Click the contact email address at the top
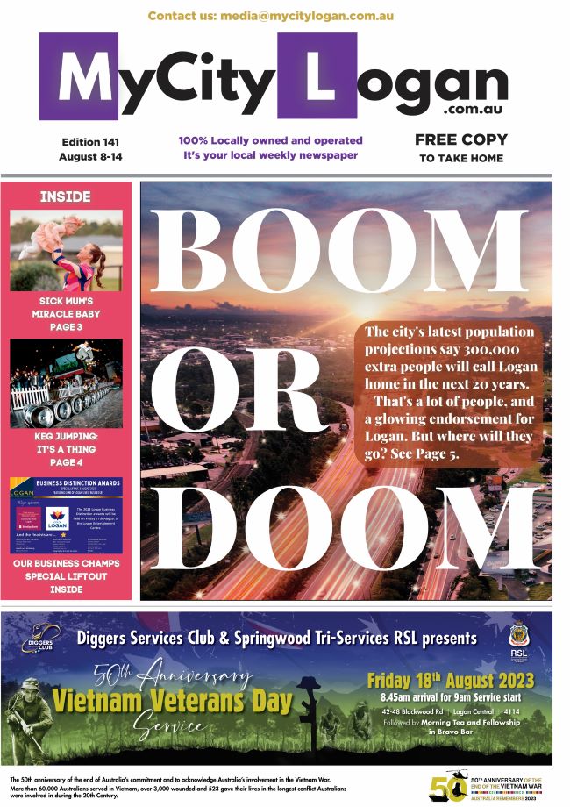click(x=270, y=16)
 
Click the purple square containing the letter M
click(x=78, y=76)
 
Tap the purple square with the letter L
click(x=317, y=76)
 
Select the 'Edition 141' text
click(x=90, y=141)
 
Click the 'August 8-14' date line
click(x=90, y=157)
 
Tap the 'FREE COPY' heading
click(x=460, y=139)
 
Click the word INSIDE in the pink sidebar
click(x=65, y=197)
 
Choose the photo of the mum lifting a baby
click(x=66, y=250)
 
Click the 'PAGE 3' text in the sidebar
click(x=66, y=326)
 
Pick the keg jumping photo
click(x=66, y=383)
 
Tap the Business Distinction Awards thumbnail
click(x=66, y=516)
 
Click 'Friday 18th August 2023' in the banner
click(x=450, y=681)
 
